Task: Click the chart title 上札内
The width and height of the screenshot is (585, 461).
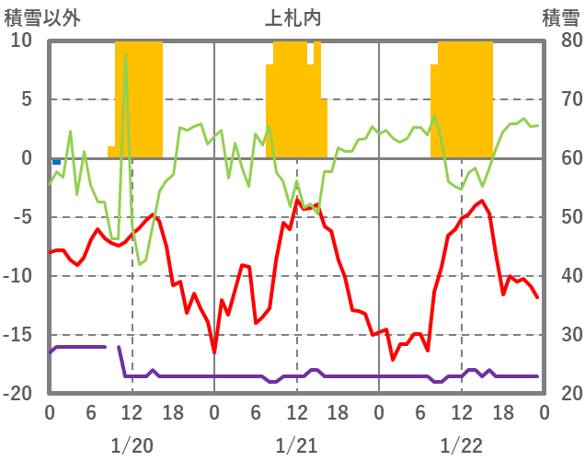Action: point(294,17)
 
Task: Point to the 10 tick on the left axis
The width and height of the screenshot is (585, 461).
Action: point(21,40)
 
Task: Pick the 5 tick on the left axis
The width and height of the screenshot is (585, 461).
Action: point(26,99)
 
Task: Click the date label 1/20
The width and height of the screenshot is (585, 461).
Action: point(132,446)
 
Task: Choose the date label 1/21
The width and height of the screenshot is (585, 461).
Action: point(296,446)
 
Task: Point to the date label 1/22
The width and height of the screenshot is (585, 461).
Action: point(461,446)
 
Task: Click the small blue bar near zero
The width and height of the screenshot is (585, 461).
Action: point(56,161)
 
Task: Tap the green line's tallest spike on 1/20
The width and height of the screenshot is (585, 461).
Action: point(126,55)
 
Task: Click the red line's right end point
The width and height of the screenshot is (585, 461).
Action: point(537,296)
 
